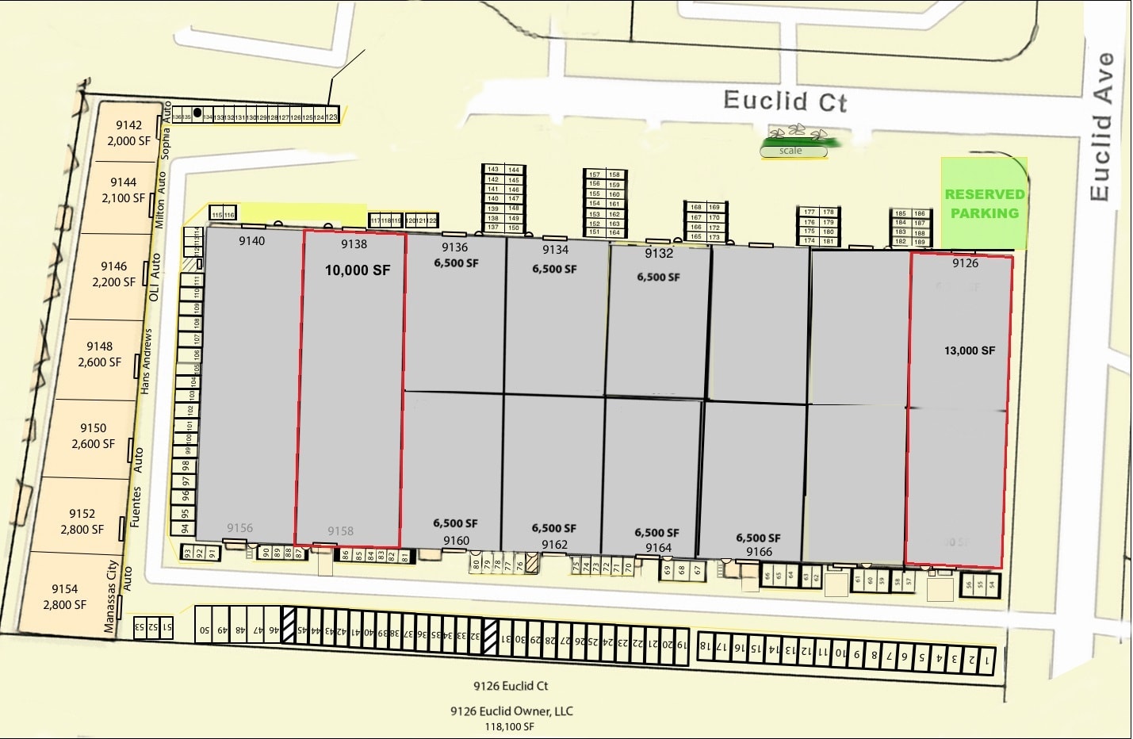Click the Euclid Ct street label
tap(785, 101)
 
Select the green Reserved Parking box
tap(984, 203)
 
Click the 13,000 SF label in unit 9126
tap(969, 350)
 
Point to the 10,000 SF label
tap(358, 270)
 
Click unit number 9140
tap(252, 241)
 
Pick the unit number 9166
tap(759, 552)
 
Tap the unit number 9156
tap(239, 528)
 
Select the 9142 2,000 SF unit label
tap(128, 132)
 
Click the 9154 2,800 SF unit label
tap(65, 596)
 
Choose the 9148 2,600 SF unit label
tap(100, 354)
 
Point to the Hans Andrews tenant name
tap(146, 362)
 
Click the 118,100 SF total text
tap(510, 726)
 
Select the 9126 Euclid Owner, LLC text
tap(511, 711)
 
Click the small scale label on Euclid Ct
tap(790, 151)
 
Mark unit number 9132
tap(659, 254)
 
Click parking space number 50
tap(204, 630)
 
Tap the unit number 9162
tap(555, 545)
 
